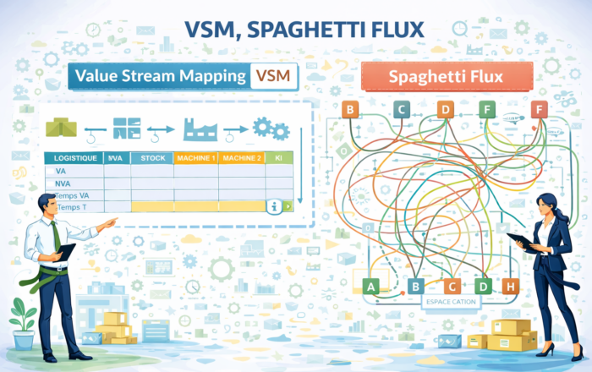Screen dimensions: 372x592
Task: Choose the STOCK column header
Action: click(152, 158)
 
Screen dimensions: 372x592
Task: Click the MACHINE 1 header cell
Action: click(195, 158)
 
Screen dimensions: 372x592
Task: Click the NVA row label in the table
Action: click(62, 183)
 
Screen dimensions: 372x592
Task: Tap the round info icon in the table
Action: click(273, 206)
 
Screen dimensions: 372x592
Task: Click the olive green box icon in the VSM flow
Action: click(59, 127)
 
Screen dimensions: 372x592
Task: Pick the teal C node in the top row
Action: click(402, 108)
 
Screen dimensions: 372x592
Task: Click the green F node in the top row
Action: click(486, 108)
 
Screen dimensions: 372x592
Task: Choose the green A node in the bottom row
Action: click(368, 287)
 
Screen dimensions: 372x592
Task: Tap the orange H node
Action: click(509, 287)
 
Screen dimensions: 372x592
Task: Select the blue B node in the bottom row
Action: click(415, 287)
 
